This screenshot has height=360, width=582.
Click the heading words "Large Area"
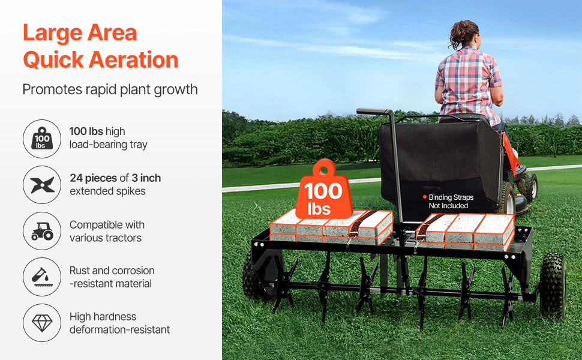click(80, 33)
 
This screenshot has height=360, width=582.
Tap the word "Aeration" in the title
click(134, 60)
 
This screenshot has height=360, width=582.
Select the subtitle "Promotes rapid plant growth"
click(110, 90)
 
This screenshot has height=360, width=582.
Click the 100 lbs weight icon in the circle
click(42, 139)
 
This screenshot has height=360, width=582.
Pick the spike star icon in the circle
click(42, 185)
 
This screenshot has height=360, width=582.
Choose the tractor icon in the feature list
click(42, 231)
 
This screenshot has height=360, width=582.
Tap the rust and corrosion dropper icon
click(42, 277)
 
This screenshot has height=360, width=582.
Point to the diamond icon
click(42, 323)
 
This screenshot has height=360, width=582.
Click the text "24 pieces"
click(94, 178)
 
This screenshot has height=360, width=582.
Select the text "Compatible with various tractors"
click(107, 231)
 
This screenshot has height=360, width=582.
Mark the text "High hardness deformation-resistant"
click(119, 323)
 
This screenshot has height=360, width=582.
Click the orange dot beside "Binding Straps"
click(425, 197)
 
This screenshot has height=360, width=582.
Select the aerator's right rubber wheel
click(553, 286)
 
